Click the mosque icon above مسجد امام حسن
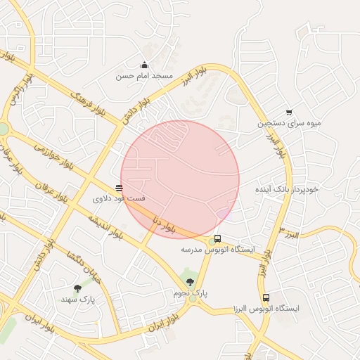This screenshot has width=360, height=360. [x=145, y=65]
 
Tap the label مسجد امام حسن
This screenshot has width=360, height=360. [x=145, y=75]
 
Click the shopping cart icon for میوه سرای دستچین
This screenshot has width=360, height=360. [x=289, y=112]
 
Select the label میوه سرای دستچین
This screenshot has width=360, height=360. [x=289, y=123]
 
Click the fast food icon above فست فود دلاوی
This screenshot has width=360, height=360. [x=118, y=188]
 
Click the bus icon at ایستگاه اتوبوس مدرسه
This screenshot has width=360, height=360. [x=217, y=238]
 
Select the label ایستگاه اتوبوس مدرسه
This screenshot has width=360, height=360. [x=212, y=249]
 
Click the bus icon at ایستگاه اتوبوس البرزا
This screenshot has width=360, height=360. [x=266, y=297]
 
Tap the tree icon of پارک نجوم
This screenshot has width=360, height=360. [x=190, y=282]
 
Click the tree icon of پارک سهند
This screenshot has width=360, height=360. [x=77, y=288]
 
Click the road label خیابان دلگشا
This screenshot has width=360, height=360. [x=84, y=268]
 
